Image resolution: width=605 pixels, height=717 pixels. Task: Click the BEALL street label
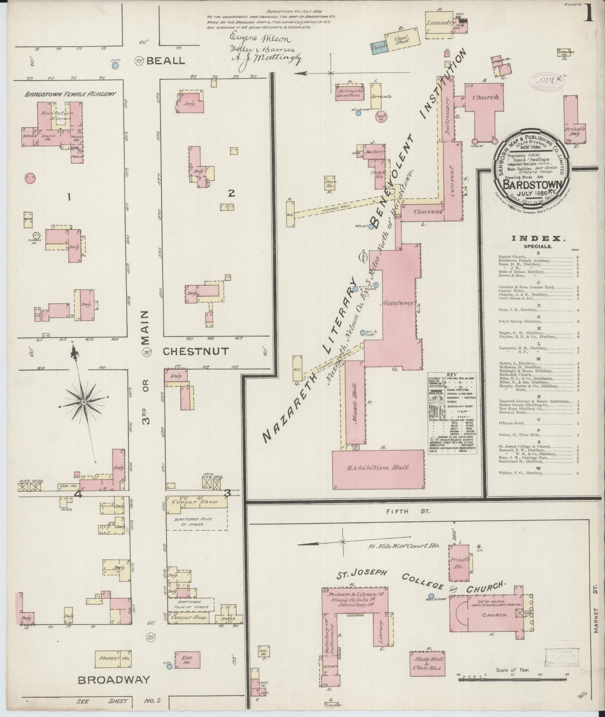(x=165, y=61)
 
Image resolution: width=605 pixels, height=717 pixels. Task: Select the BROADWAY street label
(x=114, y=679)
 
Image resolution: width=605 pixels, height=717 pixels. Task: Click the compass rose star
(x=83, y=402)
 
